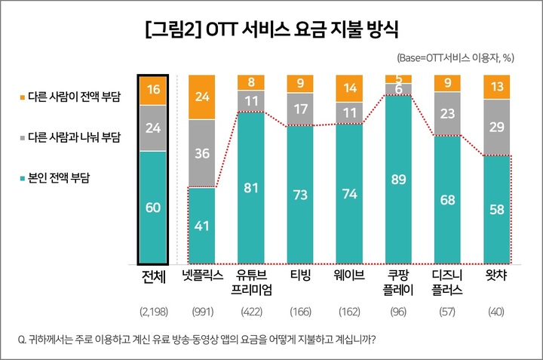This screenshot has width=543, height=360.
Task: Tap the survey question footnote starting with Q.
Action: coord(204,338)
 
